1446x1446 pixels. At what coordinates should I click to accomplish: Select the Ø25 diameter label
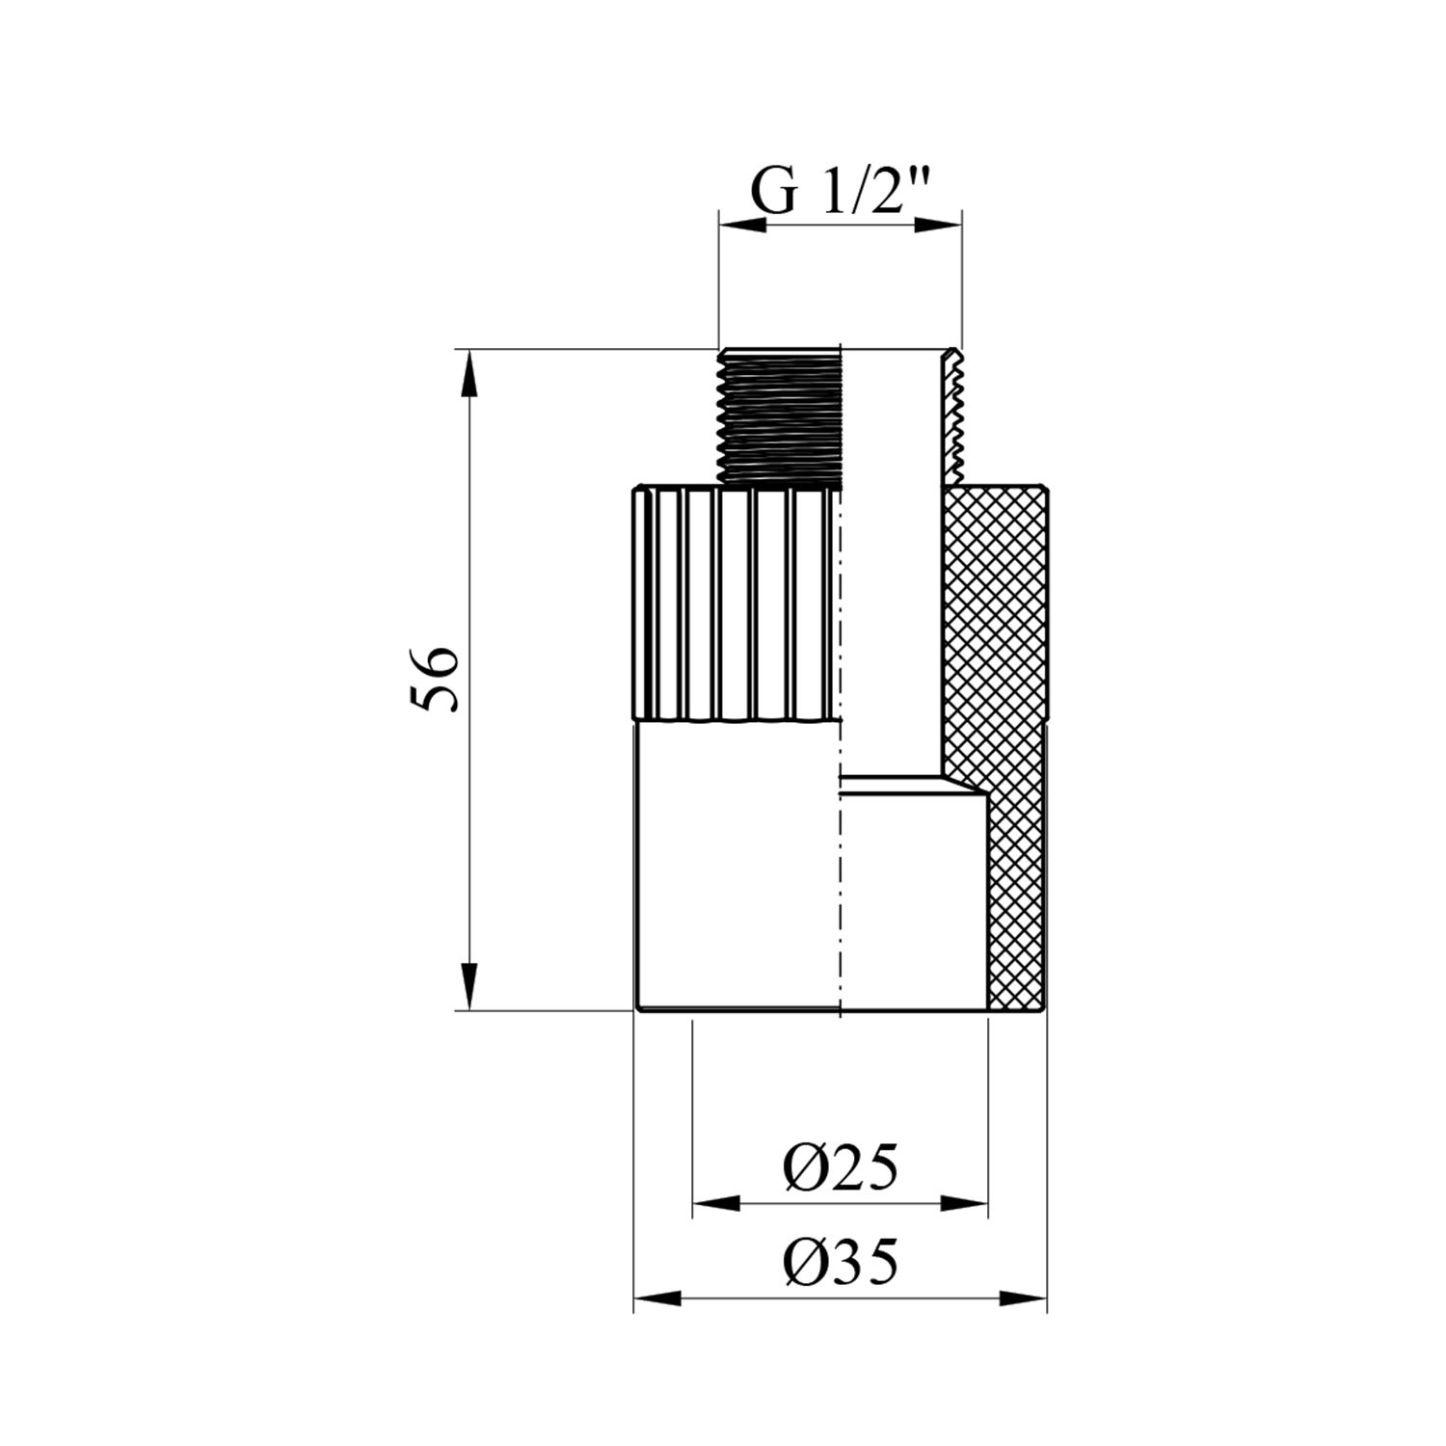[x=841, y=1168]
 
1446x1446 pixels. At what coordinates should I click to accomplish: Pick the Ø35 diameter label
[x=841, y=1261]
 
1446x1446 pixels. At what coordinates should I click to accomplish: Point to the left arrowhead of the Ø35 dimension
[x=657, y=1299]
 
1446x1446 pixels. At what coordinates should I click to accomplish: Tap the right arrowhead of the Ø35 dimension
[x=1023, y=1299]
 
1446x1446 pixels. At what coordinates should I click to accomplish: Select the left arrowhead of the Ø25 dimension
[x=717, y=1204]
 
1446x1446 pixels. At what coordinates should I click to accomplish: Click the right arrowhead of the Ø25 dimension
[x=965, y=1204]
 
